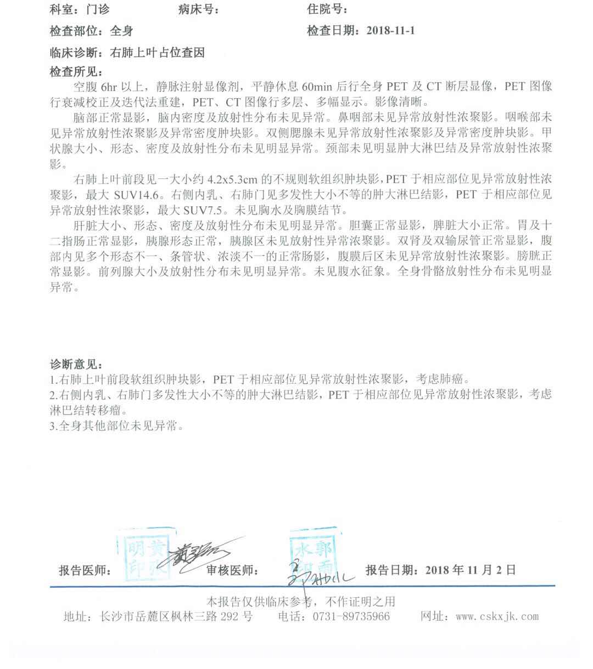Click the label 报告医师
84,571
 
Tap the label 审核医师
232,571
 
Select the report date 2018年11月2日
470,570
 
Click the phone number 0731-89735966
351,616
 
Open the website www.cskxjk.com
497,616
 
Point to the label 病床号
198,9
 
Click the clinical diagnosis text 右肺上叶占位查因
158,53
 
